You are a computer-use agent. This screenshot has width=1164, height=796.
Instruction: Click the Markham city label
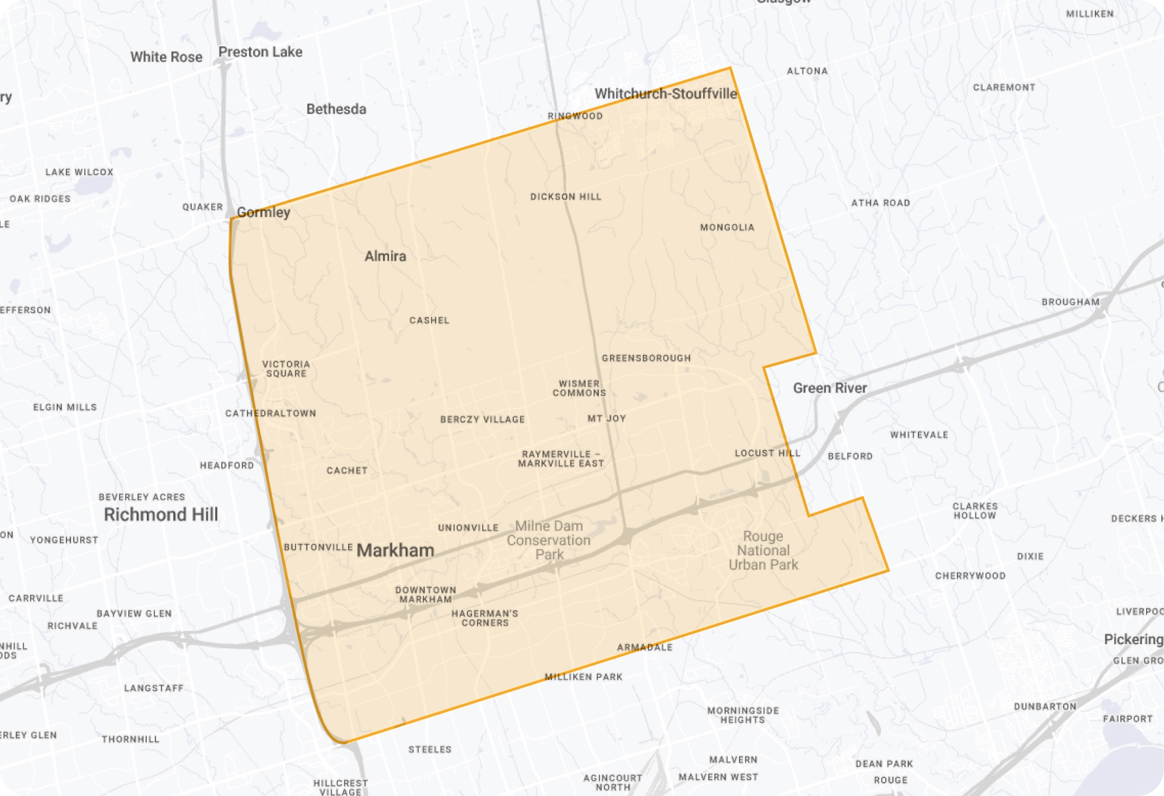tap(395, 551)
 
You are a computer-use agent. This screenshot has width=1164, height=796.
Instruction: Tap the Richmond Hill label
tap(161, 515)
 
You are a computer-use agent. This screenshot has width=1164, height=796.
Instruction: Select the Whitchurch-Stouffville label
tap(665, 94)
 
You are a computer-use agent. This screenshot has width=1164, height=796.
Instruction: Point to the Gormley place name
tap(264, 212)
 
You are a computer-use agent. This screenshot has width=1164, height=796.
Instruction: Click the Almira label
tap(385, 256)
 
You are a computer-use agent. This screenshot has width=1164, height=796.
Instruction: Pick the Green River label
tap(830, 388)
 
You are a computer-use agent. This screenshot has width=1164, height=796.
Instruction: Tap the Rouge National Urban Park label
tap(764, 551)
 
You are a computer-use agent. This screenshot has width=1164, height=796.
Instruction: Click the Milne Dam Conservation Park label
tap(549, 540)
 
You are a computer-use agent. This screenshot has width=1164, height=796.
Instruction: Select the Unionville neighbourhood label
tap(468, 528)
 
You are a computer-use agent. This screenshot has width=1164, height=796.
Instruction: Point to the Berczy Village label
tap(483, 420)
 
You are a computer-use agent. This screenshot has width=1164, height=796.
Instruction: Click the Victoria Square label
tap(286, 369)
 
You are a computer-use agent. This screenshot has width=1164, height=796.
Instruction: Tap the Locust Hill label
tap(768, 453)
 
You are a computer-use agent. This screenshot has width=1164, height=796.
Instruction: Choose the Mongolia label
tap(727, 228)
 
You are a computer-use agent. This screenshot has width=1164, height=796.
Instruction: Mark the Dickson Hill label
tap(566, 197)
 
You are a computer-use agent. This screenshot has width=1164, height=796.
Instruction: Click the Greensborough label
tap(646, 358)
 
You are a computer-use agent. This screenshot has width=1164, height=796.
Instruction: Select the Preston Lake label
tap(260, 52)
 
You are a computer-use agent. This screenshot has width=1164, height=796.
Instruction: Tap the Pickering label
tap(1133, 639)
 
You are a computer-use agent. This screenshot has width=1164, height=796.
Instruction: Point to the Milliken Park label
tap(584, 677)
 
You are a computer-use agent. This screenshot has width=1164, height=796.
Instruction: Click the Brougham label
tap(1070, 302)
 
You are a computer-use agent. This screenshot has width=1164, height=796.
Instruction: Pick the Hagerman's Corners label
tap(485, 618)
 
